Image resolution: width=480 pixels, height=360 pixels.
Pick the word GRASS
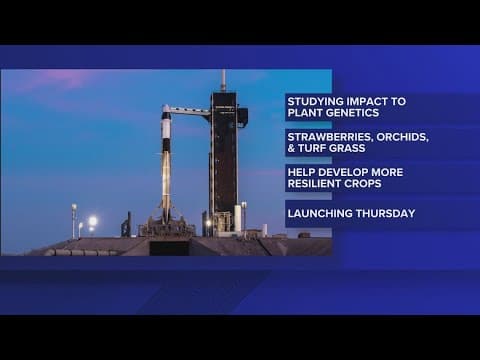coord(347,148)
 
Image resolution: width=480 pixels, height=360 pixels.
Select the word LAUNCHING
coord(317,213)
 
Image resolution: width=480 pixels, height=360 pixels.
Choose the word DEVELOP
coord(342,171)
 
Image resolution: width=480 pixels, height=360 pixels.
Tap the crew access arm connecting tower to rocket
coord(189,110)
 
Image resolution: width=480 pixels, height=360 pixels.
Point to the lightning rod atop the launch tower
coord(223,78)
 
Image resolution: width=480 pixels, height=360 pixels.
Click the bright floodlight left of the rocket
coord(92,220)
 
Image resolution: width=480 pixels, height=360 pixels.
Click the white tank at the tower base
coord(238,217)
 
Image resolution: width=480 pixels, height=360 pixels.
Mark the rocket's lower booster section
coord(166,185)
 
